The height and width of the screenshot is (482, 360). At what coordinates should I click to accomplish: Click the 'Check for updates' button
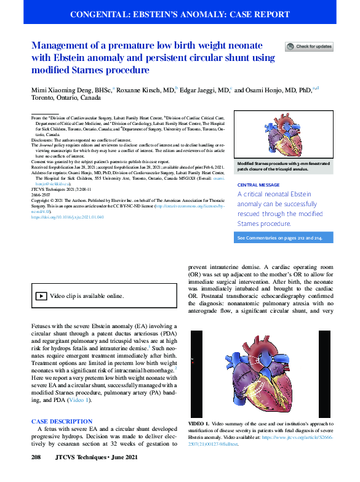(x=309, y=46)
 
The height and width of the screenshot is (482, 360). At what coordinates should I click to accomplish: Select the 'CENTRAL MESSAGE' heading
(x=255, y=184)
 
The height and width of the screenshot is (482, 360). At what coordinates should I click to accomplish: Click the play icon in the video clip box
(x=41, y=296)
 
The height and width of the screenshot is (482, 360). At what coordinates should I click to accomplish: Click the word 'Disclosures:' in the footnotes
(x=44, y=140)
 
